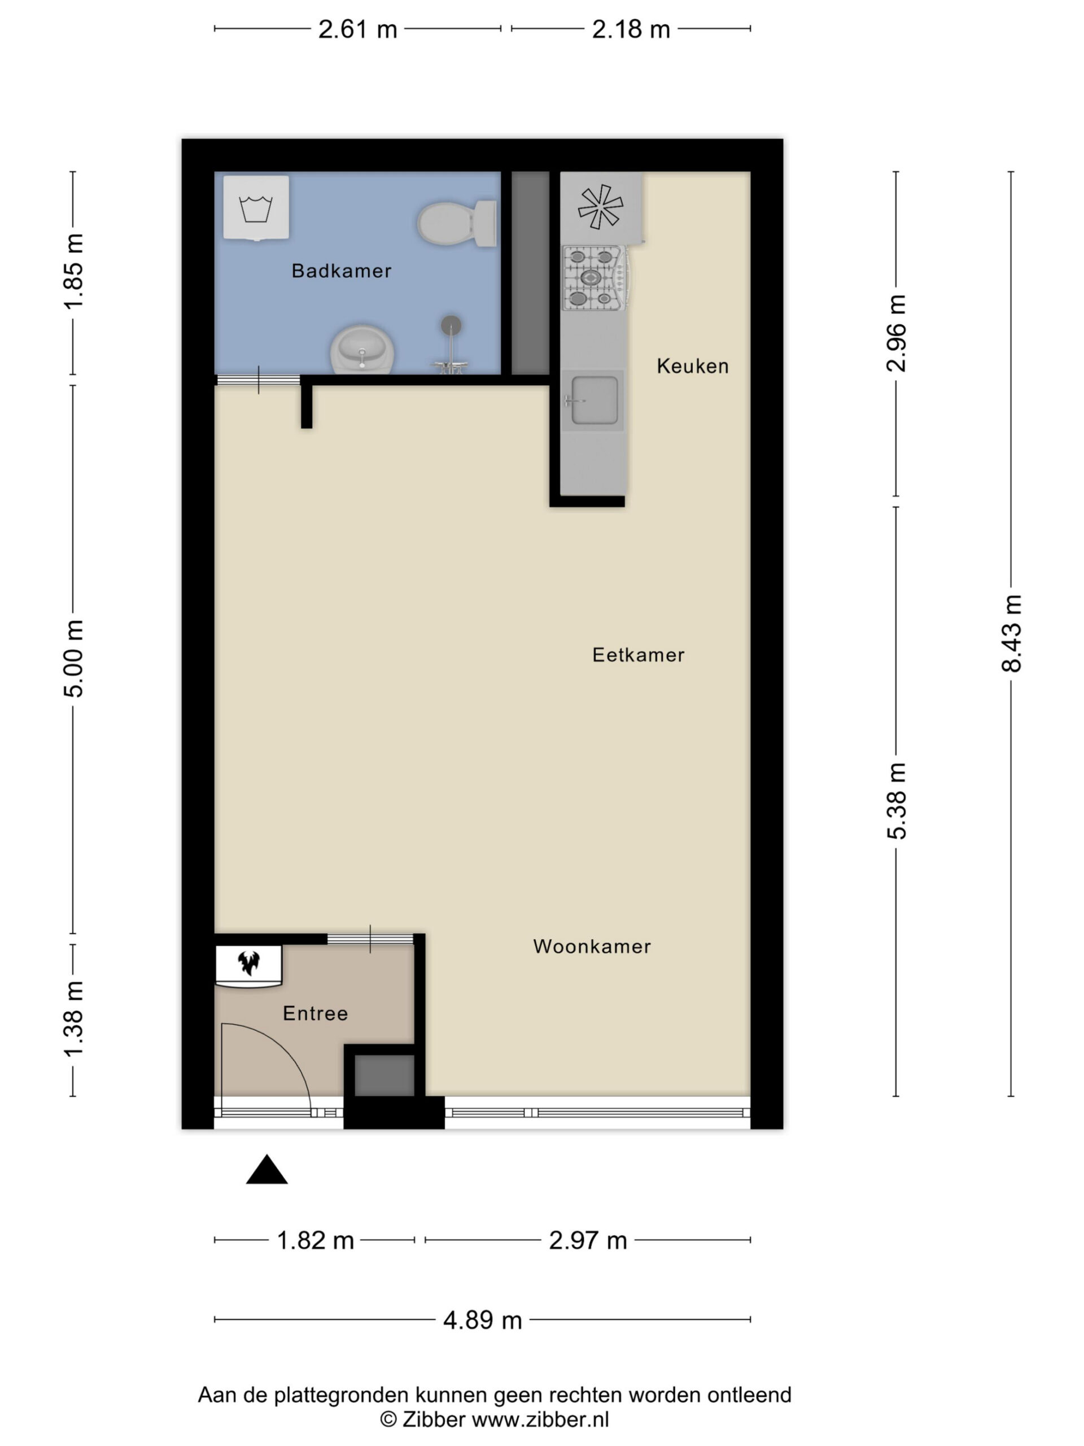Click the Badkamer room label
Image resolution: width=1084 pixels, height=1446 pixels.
click(x=341, y=271)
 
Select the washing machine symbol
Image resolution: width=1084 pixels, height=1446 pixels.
click(x=256, y=208)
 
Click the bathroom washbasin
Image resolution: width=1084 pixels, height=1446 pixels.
click(x=362, y=350)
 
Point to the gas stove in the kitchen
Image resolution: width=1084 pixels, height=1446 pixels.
click(x=595, y=277)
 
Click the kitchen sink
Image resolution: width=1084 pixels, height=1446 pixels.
click(x=593, y=400)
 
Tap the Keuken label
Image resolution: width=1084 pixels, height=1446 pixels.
click(x=693, y=366)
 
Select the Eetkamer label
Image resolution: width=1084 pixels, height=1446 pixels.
click(x=639, y=655)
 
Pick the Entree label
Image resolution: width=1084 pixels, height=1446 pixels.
click(x=316, y=1013)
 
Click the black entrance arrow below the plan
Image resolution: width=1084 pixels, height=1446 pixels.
click(x=266, y=1169)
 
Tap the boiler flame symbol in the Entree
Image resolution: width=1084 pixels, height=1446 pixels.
click(x=249, y=962)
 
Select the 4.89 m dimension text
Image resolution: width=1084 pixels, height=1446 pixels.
click(x=482, y=1321)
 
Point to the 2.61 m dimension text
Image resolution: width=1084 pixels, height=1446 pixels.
click(x=357, y=29)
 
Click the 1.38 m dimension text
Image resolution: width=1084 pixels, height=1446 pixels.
click(x=73, y=1018)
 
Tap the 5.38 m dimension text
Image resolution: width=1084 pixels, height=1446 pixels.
click(x=897, y=801)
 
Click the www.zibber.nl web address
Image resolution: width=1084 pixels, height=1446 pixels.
click(x=540, y=1419)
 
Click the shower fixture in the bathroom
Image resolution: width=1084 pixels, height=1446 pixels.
click(x=450, y=345)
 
